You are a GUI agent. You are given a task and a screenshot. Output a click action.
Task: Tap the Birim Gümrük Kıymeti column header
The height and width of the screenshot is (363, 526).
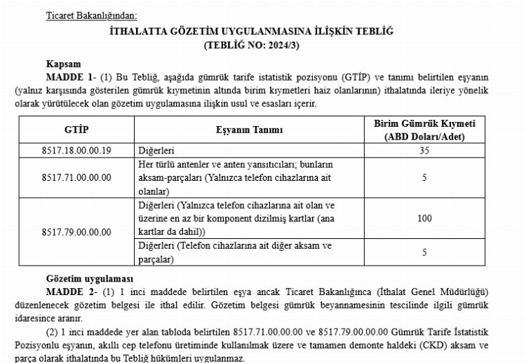pyautogui.click(x=424, y=130)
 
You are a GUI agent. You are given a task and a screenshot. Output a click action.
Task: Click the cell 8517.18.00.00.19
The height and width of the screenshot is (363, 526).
pyautogui.click(x=76, y=151)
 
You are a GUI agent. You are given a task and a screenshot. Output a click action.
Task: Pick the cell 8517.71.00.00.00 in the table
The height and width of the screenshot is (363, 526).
pyautogui.click(x=76, y=177)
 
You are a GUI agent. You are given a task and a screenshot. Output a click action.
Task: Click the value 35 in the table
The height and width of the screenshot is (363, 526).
pyautogui.click(x=424, y=151)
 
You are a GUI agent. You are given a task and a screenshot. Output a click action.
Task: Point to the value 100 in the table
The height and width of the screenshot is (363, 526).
pyautogui.click(x=424, y=218)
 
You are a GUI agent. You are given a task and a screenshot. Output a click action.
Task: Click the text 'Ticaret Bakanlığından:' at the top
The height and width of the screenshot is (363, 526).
pyautogui.click(x=91, y=15)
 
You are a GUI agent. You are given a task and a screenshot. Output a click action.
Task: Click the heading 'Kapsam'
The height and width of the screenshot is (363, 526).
pyautogui.click(x=61, y=62)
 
